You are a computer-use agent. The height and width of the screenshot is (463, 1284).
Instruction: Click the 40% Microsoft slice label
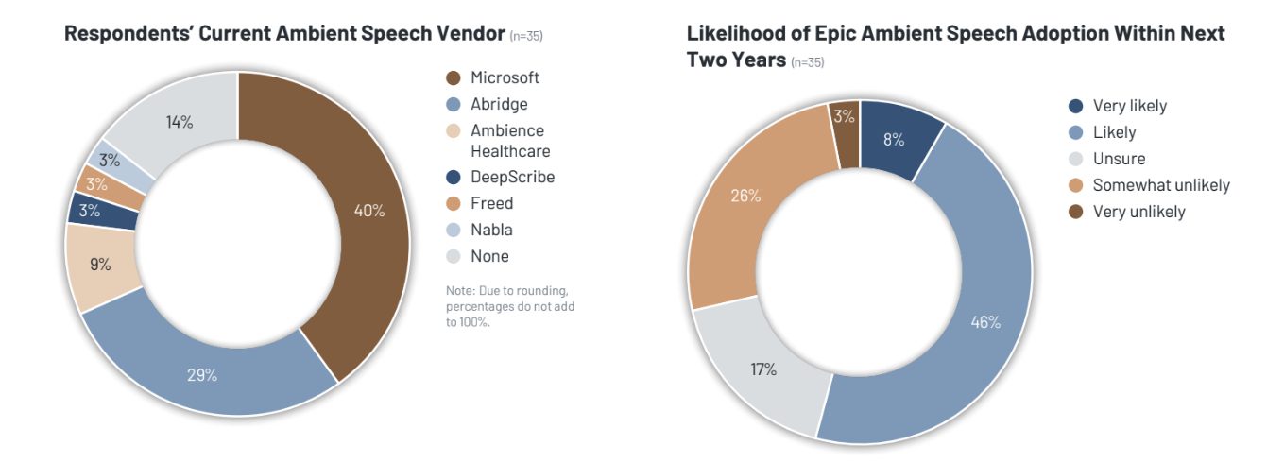point(369,211)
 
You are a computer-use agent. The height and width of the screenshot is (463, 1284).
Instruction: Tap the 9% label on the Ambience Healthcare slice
point(101,266)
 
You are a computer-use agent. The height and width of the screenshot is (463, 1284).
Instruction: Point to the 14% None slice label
point(180,122)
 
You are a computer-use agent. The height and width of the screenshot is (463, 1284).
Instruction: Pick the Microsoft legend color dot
point(453,78)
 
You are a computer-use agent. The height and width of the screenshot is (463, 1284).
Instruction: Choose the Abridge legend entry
point(499,105)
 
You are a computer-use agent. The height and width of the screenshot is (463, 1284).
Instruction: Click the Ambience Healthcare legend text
point(510,141)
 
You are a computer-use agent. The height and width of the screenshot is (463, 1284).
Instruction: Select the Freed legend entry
point(491,203)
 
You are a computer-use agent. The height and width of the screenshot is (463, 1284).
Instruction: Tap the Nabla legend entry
point(491,230)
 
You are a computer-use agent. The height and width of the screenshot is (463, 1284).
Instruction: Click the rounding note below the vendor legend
point(510,306)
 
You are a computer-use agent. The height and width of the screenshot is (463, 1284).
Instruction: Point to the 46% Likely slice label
point(985,322)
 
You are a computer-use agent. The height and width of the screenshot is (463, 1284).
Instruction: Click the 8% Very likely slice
point(894,140)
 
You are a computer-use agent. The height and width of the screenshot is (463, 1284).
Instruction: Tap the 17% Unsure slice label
point(763,369)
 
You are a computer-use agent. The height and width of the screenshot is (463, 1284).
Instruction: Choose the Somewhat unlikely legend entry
point(1161,185)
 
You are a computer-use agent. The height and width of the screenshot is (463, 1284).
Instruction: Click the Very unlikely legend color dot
point(1075,212)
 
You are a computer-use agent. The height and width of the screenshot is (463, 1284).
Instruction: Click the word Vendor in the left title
point(467,34)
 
